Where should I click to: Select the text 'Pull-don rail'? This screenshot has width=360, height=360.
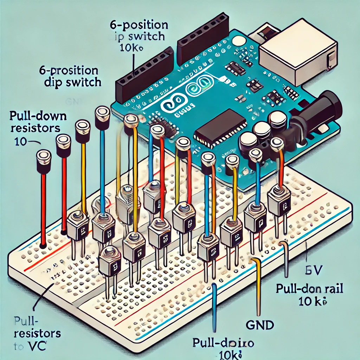point(309,289)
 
